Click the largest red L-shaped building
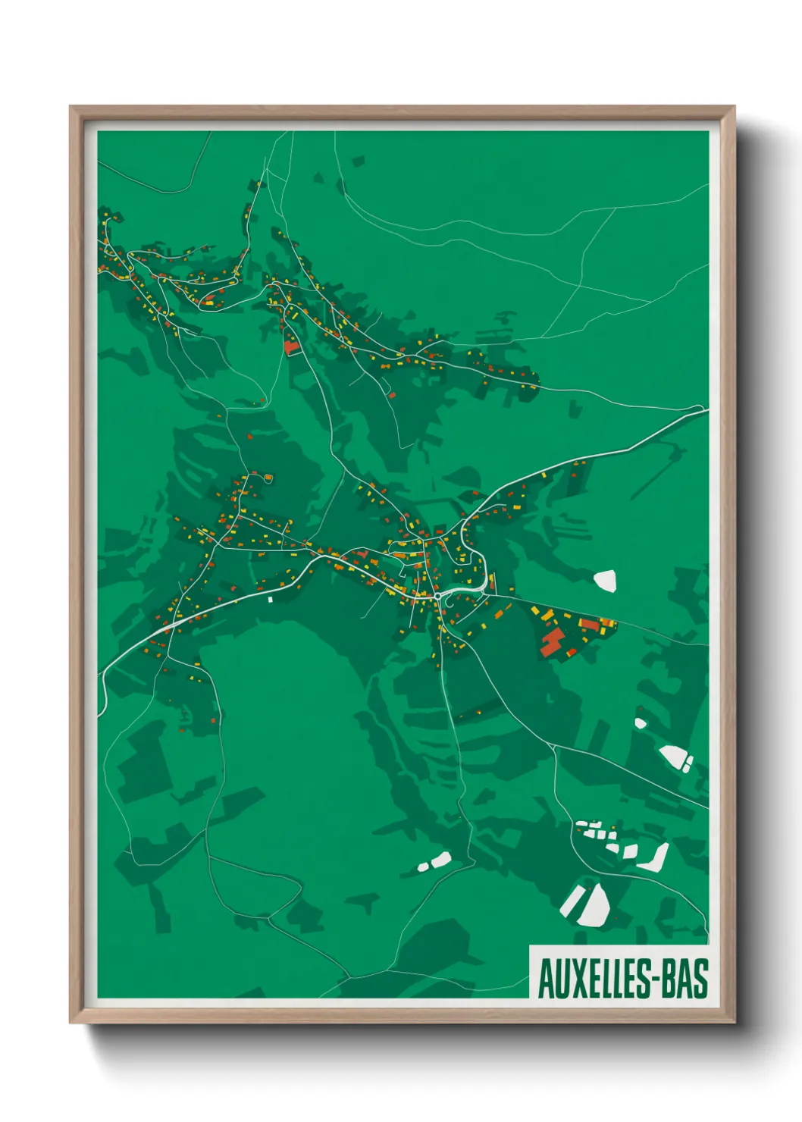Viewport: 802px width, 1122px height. [x=552, y=643]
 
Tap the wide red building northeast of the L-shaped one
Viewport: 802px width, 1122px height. [x=589, y=624]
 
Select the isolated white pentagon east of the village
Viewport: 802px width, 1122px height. [x=605, y=581]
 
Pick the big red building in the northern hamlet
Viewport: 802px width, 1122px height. [x=291, y=346]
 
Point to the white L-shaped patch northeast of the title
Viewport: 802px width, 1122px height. [x=653, y=857]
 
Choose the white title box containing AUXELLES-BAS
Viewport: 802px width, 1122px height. [x=618, y=971]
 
